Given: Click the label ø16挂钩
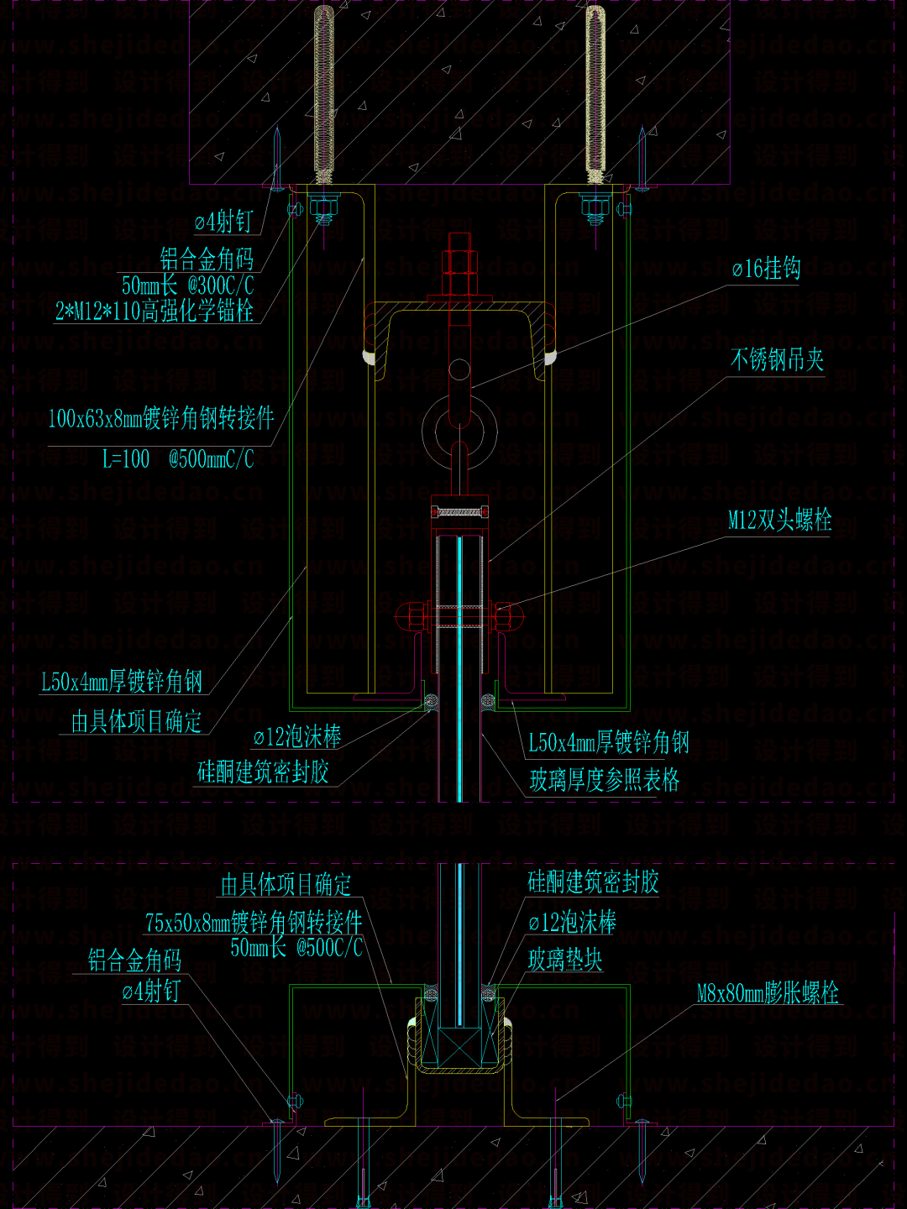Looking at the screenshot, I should (x=766, y=269).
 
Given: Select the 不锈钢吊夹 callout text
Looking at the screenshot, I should (x=777, y=360).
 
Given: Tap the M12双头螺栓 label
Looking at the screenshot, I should (x=779, y=521).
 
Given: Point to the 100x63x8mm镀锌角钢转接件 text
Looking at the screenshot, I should (x=161, y=418).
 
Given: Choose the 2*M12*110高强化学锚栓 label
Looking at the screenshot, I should (x=155, y=311).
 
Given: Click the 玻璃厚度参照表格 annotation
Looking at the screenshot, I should (x=604, y=781).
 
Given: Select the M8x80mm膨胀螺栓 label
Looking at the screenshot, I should (x=768, y=994).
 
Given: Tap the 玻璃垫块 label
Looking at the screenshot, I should (x=565, y=960).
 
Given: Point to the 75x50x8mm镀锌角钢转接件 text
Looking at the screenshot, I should (x=254, y=923).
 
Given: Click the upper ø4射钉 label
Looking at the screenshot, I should (x=223, y=222).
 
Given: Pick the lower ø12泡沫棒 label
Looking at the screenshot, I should (x=573, y=924).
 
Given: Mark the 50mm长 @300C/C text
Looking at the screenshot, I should (x=188, y=285).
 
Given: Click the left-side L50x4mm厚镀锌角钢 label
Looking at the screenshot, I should (x=122, y=682).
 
